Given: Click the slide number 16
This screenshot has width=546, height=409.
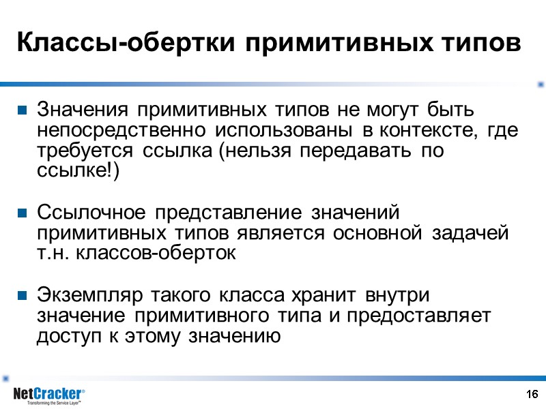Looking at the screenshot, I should tap(532, 394).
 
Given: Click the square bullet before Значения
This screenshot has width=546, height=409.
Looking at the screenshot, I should tap(22, 109).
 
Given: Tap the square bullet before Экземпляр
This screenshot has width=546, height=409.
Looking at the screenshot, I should tap(22, 296).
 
